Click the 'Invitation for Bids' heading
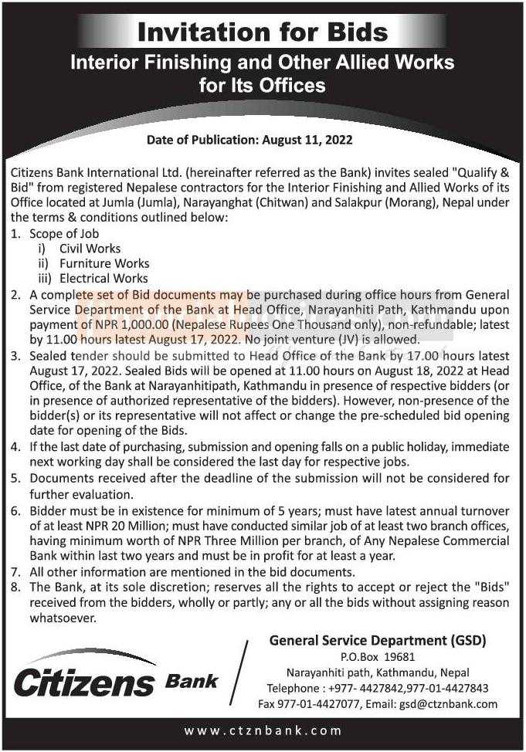tap(262, 32)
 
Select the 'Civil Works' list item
tap(90, 249)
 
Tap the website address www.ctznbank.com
tap(263, 730)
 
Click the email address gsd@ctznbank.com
tap(448, 704)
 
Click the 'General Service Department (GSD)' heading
tap(378, 640)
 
